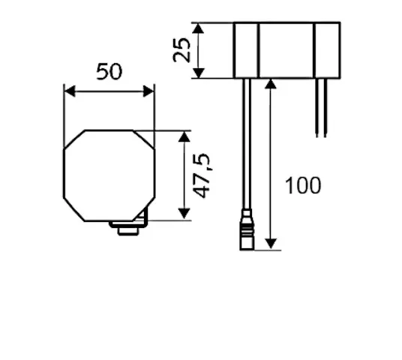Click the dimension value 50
pyautogui.click(x=109, y=72)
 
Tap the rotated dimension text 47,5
pyautogui.click(x=202, y=175)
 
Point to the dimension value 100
pyautogui.click(x=302, y=185)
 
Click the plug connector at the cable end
pyautogui.click(x=245, y=232)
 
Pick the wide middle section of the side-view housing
pyautogui.click(x=286, y=50)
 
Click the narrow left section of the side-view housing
pyautogui.click(x=246, y=50)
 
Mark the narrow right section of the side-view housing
pyautogui.click(x=327, y=50)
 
